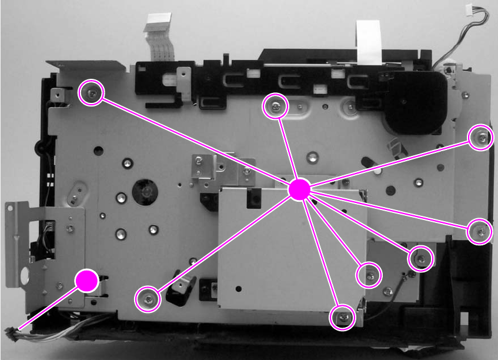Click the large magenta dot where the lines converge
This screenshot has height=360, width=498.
click(x=299, y=189)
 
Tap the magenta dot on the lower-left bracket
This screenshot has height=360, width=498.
click(x=87, y=281)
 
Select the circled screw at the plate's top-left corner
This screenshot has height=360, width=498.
click(x=91, y=93)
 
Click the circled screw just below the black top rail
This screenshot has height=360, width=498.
click(x=275, y=106)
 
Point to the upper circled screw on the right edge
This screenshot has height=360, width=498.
click(x=481, y=138)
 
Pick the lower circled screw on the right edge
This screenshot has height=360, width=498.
click(x=480, y=232)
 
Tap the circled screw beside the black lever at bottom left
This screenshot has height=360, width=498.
click(x=148, y=299)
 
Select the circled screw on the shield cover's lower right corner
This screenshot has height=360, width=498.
click(x=369, y=275)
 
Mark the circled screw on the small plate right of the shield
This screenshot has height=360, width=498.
click(x=420, y=258)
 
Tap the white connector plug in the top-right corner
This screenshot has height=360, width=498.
click(x=469, y=10)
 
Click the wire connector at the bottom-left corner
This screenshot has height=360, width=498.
click(x=12, y=334)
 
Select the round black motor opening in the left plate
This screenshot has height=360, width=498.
click(x=143, y=192)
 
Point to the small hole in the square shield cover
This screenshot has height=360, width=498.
click(x=238, y=288)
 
